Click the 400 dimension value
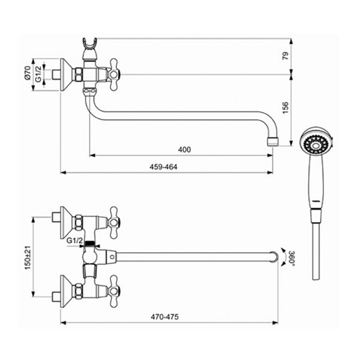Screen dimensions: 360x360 point(184,150)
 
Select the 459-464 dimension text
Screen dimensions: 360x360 point(163,167)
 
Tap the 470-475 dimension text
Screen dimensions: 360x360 point(165,317)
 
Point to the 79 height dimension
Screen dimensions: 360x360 point(285,56)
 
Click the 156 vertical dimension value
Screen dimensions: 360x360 point(285,108)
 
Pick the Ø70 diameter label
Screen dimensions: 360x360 point(27,73)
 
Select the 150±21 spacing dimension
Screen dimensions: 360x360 point(27,257)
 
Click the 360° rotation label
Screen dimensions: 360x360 point(292,258)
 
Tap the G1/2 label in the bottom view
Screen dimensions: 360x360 point(74,241)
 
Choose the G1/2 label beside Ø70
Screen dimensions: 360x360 point(38,74)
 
